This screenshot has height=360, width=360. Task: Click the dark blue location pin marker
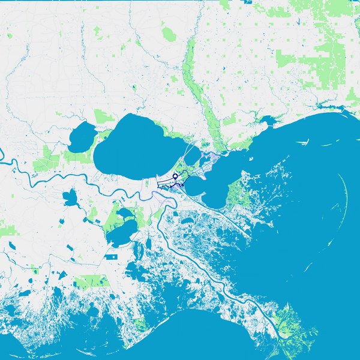point(175,176)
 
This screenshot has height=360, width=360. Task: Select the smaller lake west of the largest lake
point(82,137)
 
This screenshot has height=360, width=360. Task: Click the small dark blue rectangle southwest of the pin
point(111,256)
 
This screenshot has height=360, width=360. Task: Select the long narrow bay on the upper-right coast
point(324,109)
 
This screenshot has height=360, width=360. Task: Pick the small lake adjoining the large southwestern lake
point(125,212)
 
